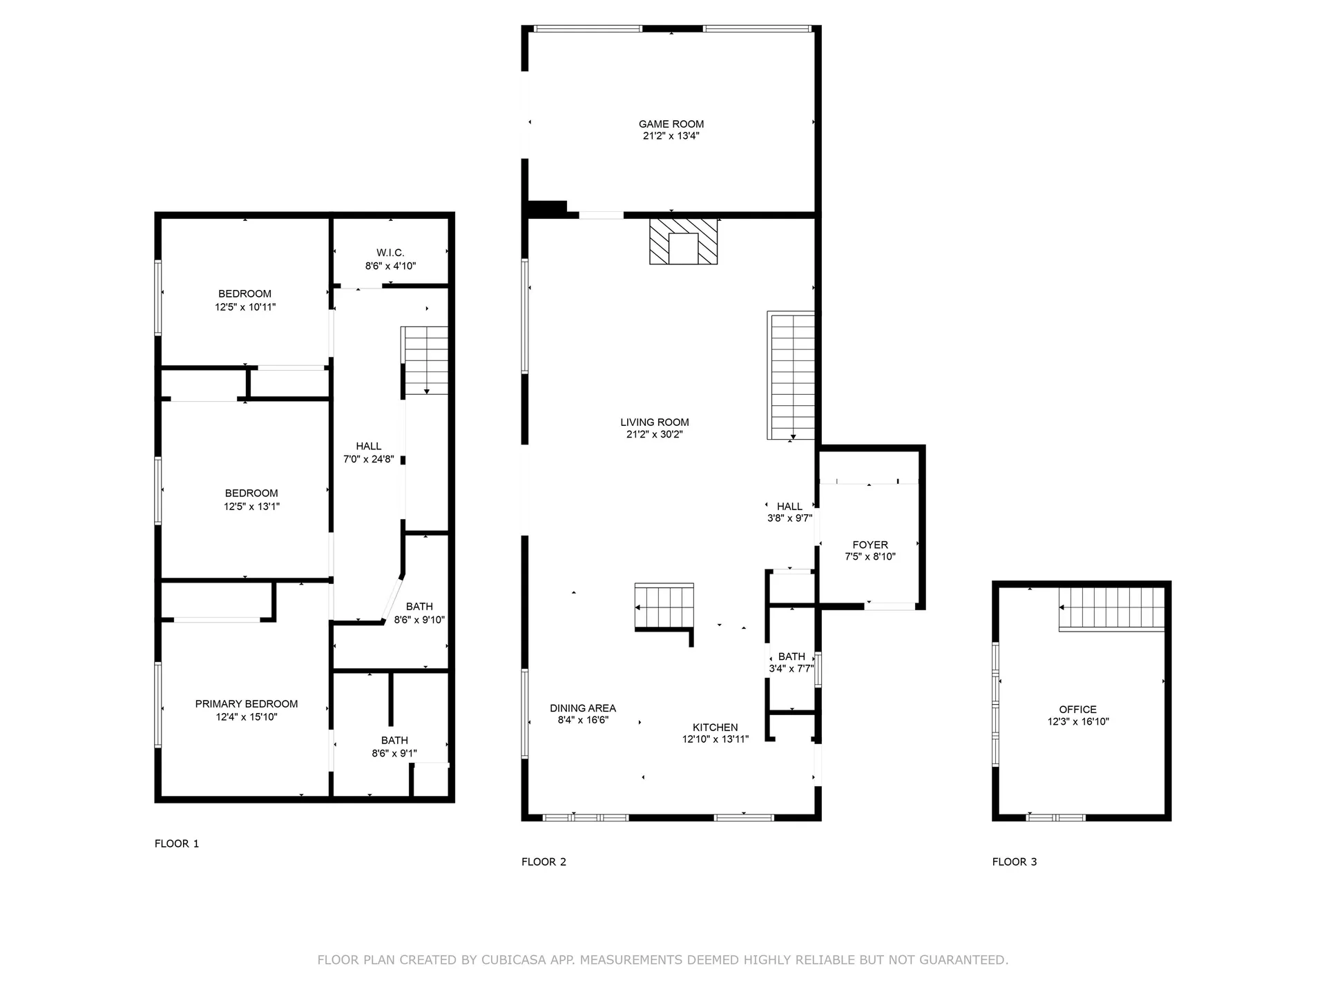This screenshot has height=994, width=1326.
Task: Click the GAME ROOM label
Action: (671, 124)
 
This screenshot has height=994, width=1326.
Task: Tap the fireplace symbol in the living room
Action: (683, 242)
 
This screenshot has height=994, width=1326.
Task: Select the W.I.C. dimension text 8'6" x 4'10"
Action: (390, 266)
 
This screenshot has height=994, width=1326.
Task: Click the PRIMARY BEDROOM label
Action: (247, 704)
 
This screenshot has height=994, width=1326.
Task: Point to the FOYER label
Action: (869, 545)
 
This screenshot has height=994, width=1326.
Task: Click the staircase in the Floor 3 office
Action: (1111, 608)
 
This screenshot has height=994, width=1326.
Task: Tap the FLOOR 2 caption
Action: (544, 861)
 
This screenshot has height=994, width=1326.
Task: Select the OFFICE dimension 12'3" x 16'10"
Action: (1077, 722)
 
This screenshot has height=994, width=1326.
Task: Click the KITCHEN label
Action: (715, 728)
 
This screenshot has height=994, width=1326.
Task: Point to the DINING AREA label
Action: (582, 708)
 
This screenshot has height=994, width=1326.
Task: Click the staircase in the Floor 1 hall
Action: (425, 360)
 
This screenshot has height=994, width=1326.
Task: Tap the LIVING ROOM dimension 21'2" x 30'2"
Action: (654, 434)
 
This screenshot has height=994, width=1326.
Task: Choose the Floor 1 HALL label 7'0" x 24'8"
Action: (368, 453)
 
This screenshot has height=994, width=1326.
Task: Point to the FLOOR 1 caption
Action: (177, 844)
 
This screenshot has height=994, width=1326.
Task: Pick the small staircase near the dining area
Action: (664, 607)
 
